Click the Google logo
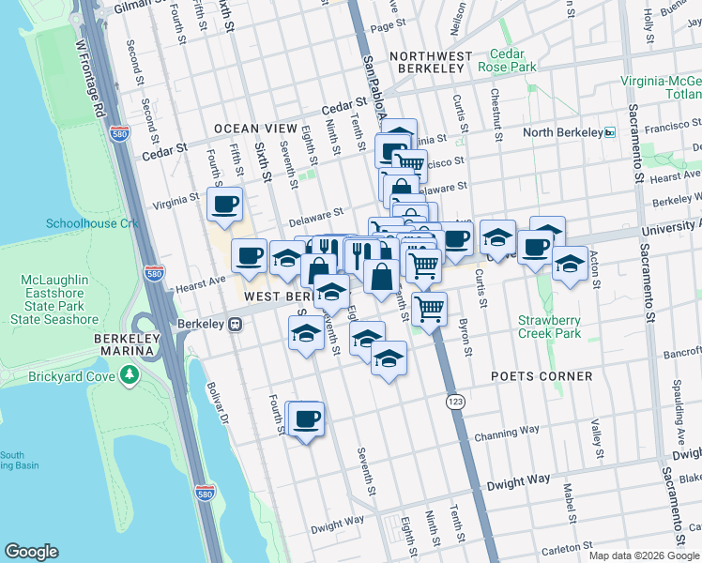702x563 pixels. click(x=32, y=552)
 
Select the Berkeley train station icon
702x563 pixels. click(x=236, y=325)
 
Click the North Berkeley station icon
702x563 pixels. click(x=609, y=132)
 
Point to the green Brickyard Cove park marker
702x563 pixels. click(x=129, y=376)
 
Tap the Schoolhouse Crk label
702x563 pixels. click(x=85, y=223)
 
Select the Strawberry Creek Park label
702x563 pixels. click(x=549, y=327)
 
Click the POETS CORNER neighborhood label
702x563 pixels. click(x=542, y=376)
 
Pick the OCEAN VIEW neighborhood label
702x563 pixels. click(x=255, y=129)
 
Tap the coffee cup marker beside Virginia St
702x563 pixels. click(x=224, y=204)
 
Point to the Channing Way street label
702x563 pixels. click(x=507, y=433)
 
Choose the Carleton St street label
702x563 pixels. click(x=562, y=544)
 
